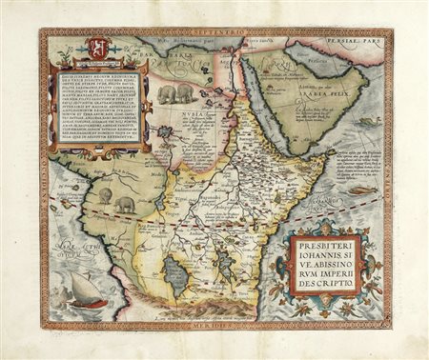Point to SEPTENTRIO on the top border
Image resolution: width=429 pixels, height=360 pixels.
click(211, 34)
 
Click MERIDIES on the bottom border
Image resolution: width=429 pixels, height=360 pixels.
click(212, 326)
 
